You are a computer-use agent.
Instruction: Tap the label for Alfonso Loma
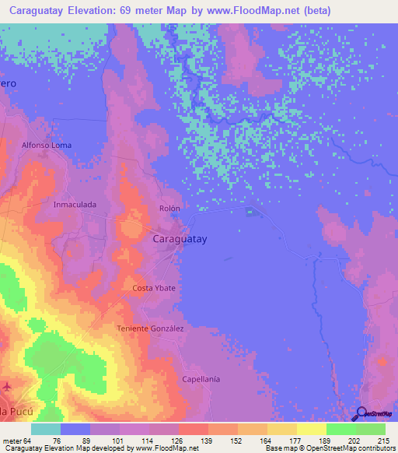[x=46, y=145]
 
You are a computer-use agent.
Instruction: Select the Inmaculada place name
[x=75, y=205]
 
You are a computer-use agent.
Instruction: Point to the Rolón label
[x=169, y=209]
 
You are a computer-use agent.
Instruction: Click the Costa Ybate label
[x=154, y=289]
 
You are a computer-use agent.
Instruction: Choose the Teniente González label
[x=150, y=328]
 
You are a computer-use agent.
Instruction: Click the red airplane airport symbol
[x=8, y=386]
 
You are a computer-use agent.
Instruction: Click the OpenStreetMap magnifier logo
[x=361, y=413]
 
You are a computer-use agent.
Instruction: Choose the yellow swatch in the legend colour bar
[x=312, y=429]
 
